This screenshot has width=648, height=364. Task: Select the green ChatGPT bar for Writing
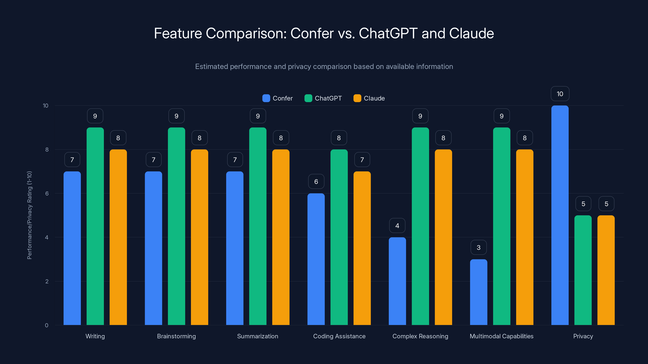(x=95, y=226)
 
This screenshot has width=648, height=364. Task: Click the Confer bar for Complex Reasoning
(x=397, y=281)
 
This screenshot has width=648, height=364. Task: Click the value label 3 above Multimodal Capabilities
(x=479, y=248)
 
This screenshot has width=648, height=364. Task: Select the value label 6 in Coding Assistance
(x=316, y=181)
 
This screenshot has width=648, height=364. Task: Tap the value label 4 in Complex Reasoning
(x=397, y=226)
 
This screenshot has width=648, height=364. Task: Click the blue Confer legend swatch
(x=266, y=98)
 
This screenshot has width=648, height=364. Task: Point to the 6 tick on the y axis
(x=47, y=194)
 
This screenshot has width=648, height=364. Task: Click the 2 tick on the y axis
(x=47, y=281)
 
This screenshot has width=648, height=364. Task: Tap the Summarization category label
(x=258, y=336)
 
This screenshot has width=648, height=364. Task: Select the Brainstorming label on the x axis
(x=176, y=336)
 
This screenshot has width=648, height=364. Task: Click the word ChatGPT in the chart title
(x=388, y=33)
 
